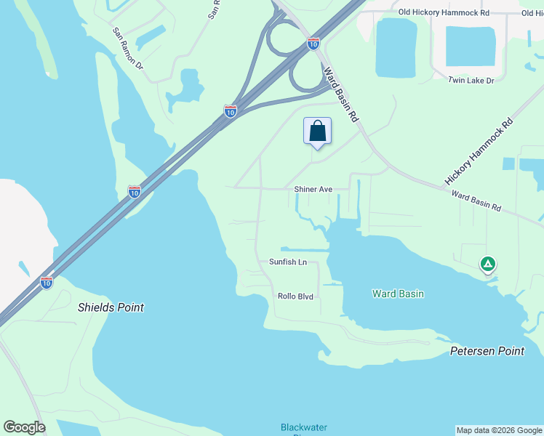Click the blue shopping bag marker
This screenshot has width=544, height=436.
pos(317,132)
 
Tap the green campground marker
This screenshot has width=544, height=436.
pos(488,264)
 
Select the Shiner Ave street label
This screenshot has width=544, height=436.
pos(313,190)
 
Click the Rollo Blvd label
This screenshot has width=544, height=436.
pos(295,296)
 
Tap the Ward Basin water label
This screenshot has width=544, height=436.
pos(398,294)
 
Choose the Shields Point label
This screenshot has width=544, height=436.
pos(111,307)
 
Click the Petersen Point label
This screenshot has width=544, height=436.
pos(487,351)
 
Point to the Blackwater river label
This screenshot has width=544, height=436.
pos(304,427)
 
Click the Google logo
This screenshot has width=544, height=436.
pos(24,427)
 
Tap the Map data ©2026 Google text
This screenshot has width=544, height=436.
pos(499,430)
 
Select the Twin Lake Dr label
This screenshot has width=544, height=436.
pos(471,80)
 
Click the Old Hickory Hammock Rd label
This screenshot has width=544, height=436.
pos(444,12)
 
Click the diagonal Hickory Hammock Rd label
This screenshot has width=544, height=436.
pos(479,153)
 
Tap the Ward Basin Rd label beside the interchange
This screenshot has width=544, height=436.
pos(341,94)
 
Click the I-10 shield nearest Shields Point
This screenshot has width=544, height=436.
pos(47,282)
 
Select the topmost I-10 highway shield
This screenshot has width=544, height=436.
pos(313,44)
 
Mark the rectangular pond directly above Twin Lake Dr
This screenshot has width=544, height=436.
pos(470,47)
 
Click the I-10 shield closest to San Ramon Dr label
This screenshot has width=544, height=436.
pos(230,111)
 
